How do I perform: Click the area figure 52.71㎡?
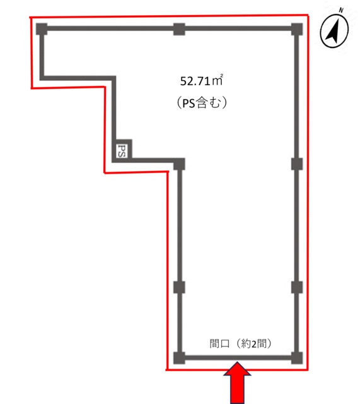pyautogui.click(x=202, y=81)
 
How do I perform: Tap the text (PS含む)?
pyautogui.click(x=202, y=103)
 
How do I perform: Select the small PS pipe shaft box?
pyautogui.click(x=122, y=150)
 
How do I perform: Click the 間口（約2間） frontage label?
pyautogui.click(x=241, y=343)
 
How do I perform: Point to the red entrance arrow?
pyautogui.click(x=237, y=383)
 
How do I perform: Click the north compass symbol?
pyautogui.click(x=334, y=31)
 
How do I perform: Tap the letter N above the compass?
pyautogui.click(x=341, y=10)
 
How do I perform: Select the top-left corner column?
pyautogui.click(x=42, y=28)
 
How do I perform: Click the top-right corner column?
pyautogui.click(x=297, y=29)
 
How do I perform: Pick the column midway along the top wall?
pyautogui.click(x=179, y=29)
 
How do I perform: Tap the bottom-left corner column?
pyautogui.click(x=179, y=358)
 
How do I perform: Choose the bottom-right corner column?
pyautogui.click(x=297, y=358)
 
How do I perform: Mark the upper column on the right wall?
pyautogui.click(x=297, y=164)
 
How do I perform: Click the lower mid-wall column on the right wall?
pyautogui.click(x=297, y=287)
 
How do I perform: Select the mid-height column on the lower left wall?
pyautogui.click(x=179, y=287)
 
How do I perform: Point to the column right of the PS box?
pyautogui.click(x=179, y=164)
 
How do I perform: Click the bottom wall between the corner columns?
pyautogui.click(x=238, y=358)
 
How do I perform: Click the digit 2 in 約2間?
pyautogui.click(x=254, y=344)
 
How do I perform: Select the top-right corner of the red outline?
pyautogui.click(x=308, y=15)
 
